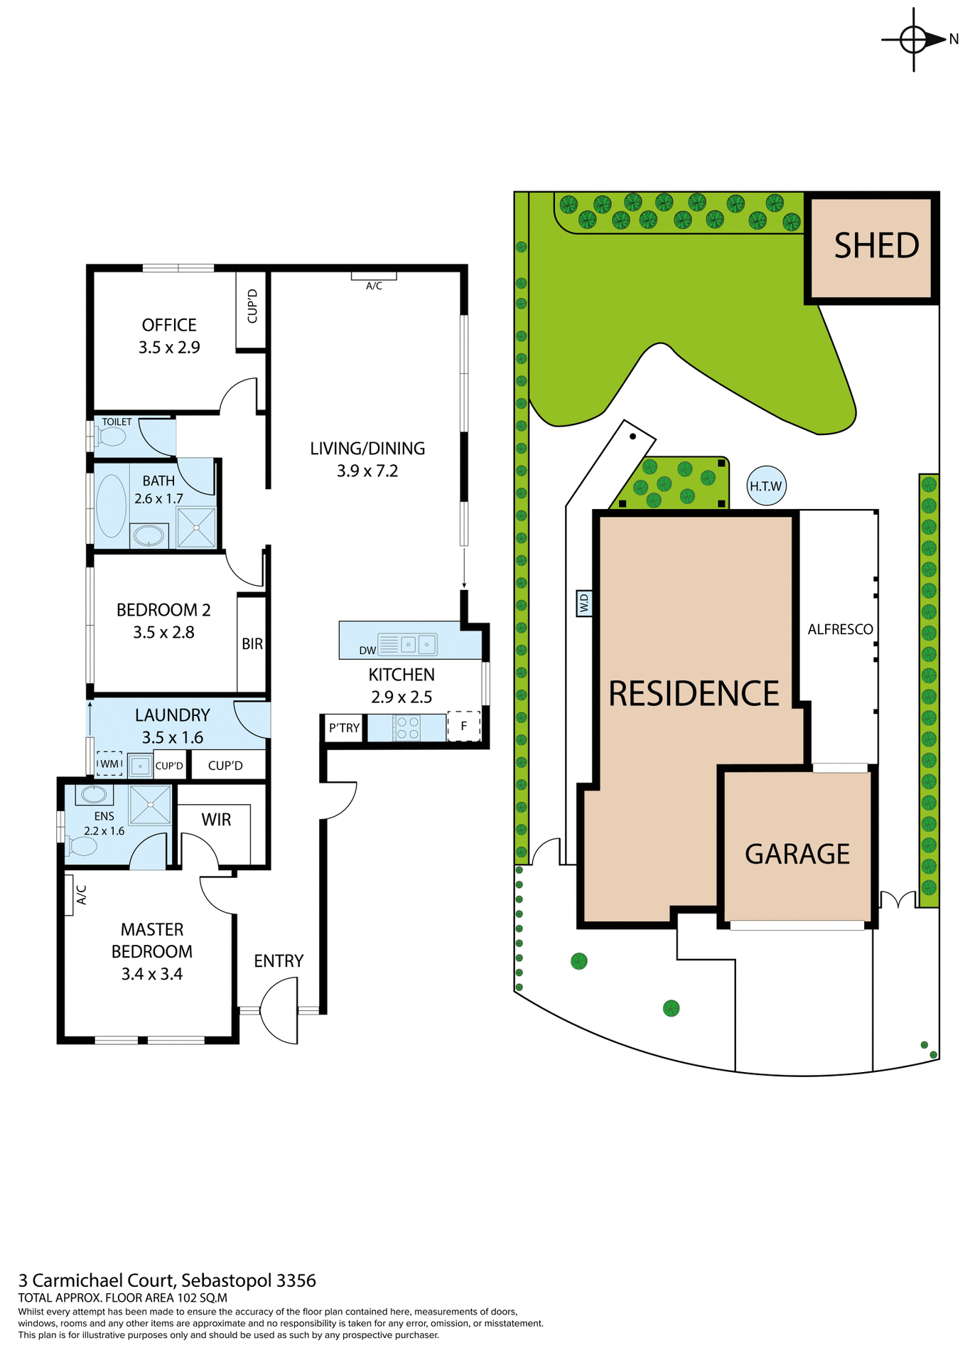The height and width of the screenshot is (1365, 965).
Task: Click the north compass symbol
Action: click(x=913, y=39)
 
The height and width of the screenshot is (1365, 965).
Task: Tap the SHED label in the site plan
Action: click(x=875, y=246)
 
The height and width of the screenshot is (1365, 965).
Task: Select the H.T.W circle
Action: click(x=765, y=486)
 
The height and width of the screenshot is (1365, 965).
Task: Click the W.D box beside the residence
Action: click(x=584, y=604)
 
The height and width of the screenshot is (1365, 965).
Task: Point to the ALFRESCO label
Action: click(x=840, y=629)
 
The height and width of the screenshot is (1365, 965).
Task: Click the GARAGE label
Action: click(x=797, y=854)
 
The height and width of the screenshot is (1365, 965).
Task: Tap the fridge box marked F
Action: click(x=464, y=726)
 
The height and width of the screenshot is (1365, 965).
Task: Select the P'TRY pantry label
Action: click(x=344, y=728)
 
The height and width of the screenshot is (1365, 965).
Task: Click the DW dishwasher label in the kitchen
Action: click(x=367, y=650)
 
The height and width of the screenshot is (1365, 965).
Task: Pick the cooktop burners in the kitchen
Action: click(x=407, y=728)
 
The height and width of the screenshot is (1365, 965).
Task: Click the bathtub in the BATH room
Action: click(x=110, y=505)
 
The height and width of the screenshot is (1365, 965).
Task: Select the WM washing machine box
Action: click(x=109, y=764)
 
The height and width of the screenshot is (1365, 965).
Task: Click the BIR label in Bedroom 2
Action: click(x=252, y=643)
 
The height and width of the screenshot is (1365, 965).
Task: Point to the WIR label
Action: click(x=216, y=820)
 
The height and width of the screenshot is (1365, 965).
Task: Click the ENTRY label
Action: click(x=279, y=961)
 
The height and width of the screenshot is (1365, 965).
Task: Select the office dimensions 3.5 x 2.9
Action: click(x=169, y=348)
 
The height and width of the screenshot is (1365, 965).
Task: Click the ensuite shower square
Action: click(x=151, y=804)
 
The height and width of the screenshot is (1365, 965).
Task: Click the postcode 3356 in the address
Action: click(x=296, y=1280)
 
